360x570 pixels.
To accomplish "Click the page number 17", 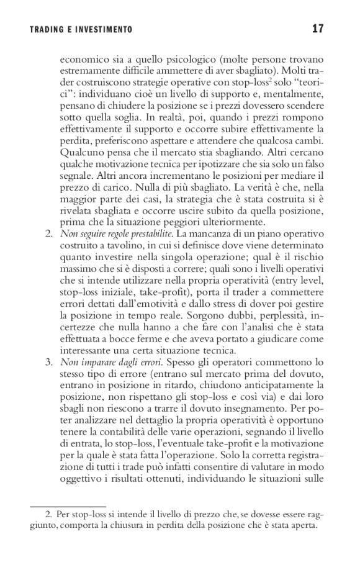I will click(318, 29).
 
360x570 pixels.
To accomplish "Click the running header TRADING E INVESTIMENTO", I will click(81, 30).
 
